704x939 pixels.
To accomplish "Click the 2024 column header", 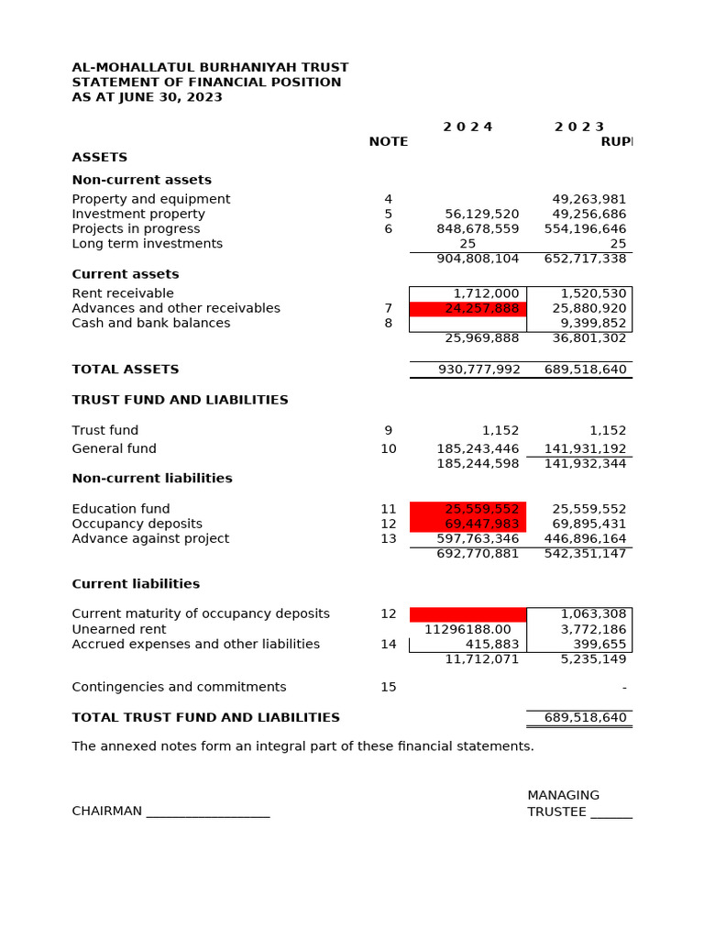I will [x=467, y=127].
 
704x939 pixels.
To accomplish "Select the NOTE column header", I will [x=389, y=141].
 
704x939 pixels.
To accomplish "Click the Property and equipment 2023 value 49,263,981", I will [x=589, y=199].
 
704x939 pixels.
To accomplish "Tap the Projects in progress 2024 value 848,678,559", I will [x=478, y=228].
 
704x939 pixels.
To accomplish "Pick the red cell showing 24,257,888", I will [x=468, y=308].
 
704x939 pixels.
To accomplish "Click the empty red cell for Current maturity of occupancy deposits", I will [x=468, y=614].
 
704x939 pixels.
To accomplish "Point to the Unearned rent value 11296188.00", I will [x=467, y=629].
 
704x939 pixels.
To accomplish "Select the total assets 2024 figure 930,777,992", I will [x=478, y=370].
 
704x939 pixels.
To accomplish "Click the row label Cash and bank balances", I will [x=151, y=323].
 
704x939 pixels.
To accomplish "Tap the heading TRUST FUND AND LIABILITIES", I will [x=180, y=400].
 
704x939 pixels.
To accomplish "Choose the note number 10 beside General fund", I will [x=389, y=448].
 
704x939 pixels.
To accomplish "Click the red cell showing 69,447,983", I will [x=468, y=524].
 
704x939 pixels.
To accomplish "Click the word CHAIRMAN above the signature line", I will [x=107, y=811].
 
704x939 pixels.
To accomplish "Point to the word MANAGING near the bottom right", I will [x=563, y=795].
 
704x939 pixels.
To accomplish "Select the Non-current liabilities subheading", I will [x=152, y=478].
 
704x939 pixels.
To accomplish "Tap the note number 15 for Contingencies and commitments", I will [x=389, y=687].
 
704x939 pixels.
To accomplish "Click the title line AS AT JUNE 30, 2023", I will [x=147, y=97].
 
